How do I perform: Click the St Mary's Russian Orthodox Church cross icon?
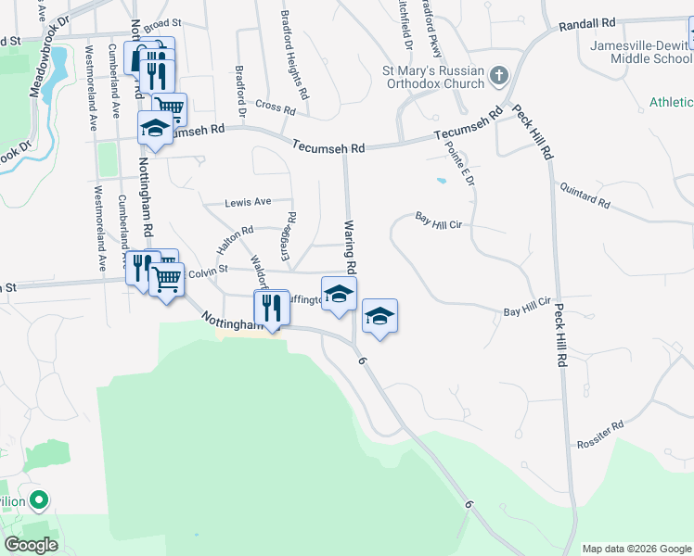pyautogui.click(x=498, y=75)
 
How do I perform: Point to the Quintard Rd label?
pyautogui.click(x=585, y=195)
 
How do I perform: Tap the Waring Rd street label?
pyautogui.click(x=351, y=246)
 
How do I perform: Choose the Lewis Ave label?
pyautogui.click(x=248, y=201)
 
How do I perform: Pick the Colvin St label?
pyautogui.click(x=208, y=272)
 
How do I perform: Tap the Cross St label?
pyautogui.click(x=275, y=107)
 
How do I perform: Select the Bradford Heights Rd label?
pyautogui.click(x=293, y=56)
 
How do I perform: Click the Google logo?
pyautogui.click(x=31, y=544)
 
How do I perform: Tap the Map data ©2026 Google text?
pyautogui.click(x=636, y=549)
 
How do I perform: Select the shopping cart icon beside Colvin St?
pyautogui.click(x=166, y=277)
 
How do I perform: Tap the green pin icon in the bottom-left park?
pyautogui.click(x=38, y=501)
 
